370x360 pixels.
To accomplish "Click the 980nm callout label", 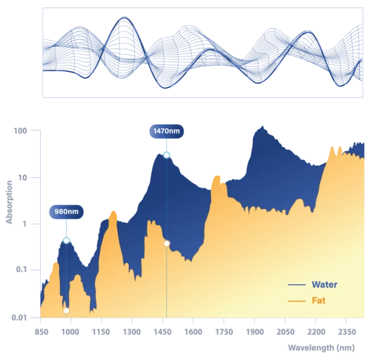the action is pos(67,211).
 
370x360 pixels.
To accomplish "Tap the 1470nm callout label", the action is pos(166,131).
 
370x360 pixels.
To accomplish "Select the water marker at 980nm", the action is pos(67,240).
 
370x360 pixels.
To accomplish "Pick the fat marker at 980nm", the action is pos(67,311).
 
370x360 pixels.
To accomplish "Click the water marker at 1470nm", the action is pos(166,155).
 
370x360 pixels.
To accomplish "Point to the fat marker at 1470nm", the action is pos(166,243).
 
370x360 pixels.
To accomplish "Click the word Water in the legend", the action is pos(324,285).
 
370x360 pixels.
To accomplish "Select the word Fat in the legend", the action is pos(319,301).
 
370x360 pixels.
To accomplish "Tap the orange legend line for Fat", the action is pos(297,301).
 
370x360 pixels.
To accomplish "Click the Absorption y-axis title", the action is pos(9,202).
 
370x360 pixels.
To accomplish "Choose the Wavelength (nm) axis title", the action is pos(321,348).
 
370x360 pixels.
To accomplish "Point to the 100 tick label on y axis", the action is pos(20,131).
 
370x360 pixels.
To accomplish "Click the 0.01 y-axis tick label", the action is pos(19,317).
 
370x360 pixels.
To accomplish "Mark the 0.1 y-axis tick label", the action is pos(21,269).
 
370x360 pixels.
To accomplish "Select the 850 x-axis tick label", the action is pos(41,332).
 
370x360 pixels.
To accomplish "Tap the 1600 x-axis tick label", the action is pos(193,332).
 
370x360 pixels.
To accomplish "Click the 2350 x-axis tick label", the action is pos(347,332).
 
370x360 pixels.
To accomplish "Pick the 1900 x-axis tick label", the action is pos(255,332).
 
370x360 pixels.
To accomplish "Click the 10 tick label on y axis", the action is pos(22,178).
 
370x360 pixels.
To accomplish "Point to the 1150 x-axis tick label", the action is pos(101,332).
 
